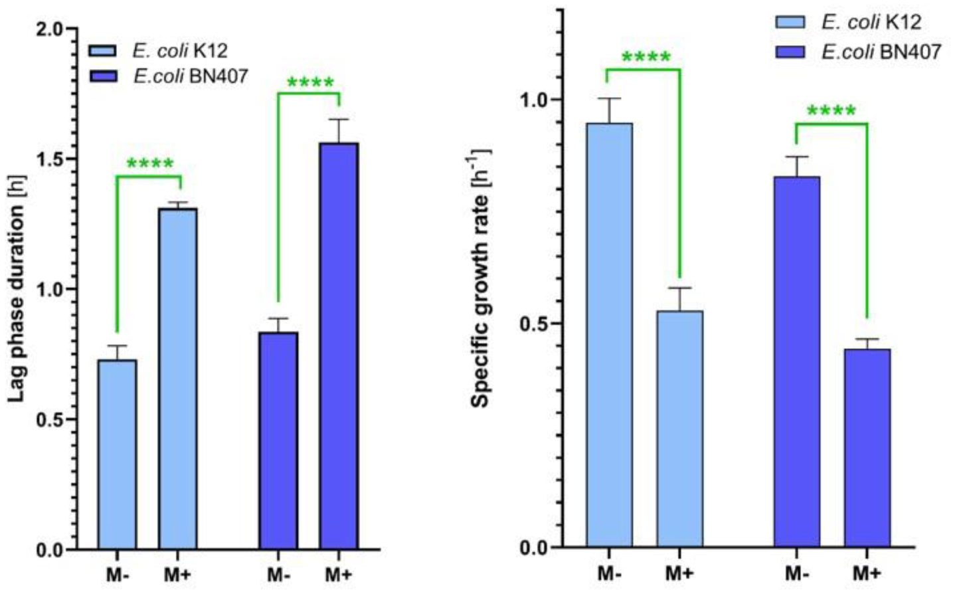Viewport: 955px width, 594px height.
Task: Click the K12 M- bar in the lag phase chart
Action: [117, 454]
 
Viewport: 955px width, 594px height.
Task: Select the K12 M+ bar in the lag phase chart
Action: [177, 379]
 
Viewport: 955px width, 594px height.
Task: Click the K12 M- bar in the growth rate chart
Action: [609, 335]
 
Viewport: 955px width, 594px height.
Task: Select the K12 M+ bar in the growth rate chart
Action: [680, 429]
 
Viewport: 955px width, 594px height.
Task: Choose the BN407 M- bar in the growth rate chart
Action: [797, 361]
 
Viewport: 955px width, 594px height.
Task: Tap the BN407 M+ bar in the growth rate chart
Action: [867, 448]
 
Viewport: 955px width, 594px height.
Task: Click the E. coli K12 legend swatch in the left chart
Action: [103, 50]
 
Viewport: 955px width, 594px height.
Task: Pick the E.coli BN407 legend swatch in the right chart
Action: [790, 52]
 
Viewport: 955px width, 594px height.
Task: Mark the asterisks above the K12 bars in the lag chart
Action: [150, 163]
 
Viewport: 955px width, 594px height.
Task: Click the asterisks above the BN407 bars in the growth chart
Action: [831, 110]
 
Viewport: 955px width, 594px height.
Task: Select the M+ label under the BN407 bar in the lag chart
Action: [339, 574]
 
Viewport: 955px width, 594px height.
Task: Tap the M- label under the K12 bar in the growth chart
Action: [609, 573]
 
